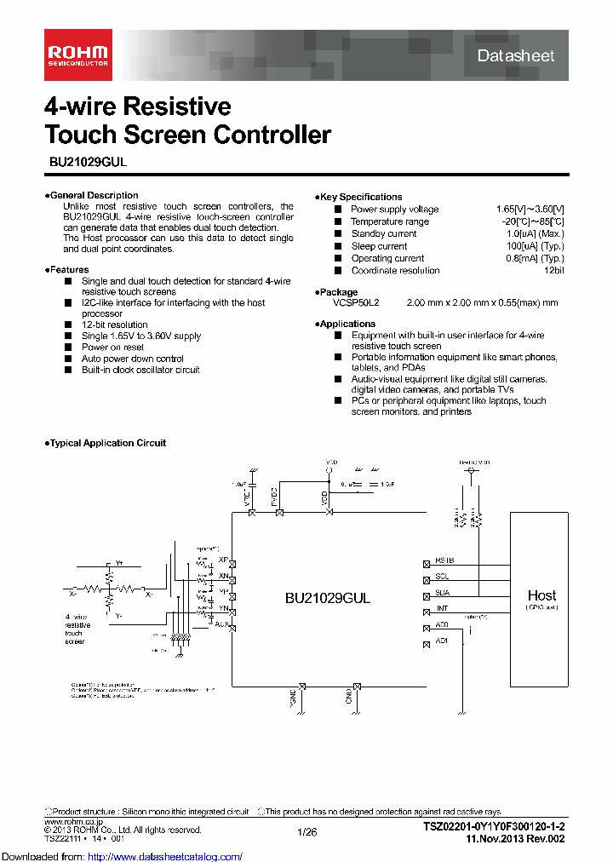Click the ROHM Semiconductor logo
pyautogui.click(x=77, y=56)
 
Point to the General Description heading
pyautogui.click(x=93, y=195)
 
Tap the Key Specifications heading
pyautogui.click(x=360, y=197)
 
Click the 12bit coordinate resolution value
pyautogui.click(x=553, y=270)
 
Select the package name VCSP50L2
pyautogui.click(x=356, y=302)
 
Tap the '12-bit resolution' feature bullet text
pyautogui.click(x=114, y=325)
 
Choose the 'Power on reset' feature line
pyautogui.click(x=112, y=348)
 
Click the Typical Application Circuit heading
pyautogui.click(x=106, y=443)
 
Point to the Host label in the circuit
pyautogui.click(x=541, y=595)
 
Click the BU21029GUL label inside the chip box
pyautogui.click(x=328, y=598)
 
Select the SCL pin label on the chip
pyautogui.click(x=443, y=577)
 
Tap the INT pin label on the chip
pyautogui.click(x=442, y=608)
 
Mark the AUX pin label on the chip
pyautogui.click(x=221, y=624)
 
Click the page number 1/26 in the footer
pyautogui.click(x=306, y=831)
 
